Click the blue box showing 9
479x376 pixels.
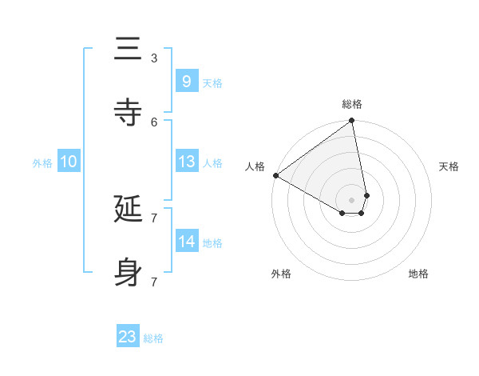pos(186,82)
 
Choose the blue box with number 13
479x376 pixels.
pos(186,162)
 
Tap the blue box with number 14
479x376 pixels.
pos(186,242)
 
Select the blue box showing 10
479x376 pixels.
pos(68,162)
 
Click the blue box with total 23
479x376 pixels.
pos(127,337)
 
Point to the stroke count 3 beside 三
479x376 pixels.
pos(153,58)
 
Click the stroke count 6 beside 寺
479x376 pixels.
pos(153,122)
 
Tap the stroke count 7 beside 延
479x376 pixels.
pos(153,218)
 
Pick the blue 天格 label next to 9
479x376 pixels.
pos(212,82)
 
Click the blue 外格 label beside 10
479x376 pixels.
pos(42,162)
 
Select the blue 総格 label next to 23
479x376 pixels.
pos(153,338)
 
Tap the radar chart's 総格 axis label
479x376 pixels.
pos(352,104)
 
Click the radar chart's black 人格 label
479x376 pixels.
pos(255,166)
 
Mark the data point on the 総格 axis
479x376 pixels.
pos(352,122)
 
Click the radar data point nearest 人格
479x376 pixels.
pos(275,175)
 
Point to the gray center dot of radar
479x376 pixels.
pos(351,199)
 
